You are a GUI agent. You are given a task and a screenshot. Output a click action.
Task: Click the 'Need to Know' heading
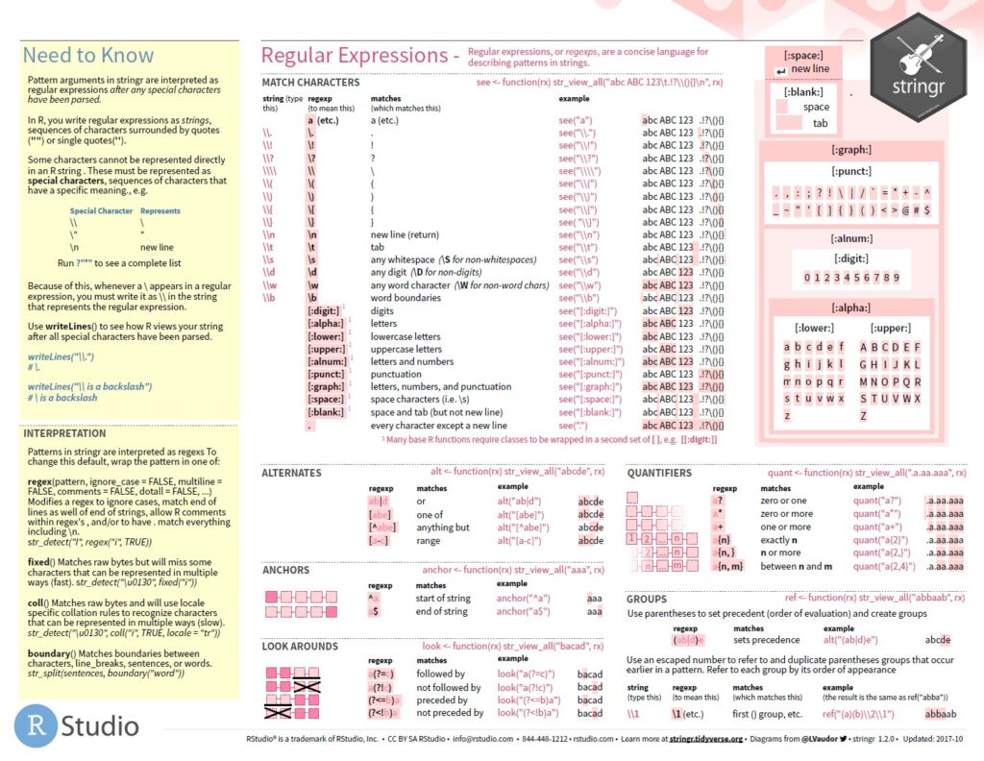click(x=87, y=56)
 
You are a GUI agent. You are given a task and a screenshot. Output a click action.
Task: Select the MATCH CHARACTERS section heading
click(x=310, y=83)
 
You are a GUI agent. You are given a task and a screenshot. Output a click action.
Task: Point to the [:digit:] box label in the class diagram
click(x=851, y=258)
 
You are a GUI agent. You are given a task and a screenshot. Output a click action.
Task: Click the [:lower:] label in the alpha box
click(x=813, y=328)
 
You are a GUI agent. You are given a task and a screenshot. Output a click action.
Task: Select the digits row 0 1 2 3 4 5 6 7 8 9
click(x=851, y=278)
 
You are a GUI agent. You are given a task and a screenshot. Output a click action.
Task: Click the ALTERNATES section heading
click(x=292, y=473)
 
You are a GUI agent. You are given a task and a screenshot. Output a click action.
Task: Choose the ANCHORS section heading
click(x=286, y=570)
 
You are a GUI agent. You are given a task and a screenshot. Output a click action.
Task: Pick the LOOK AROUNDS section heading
click(x=300, y=647)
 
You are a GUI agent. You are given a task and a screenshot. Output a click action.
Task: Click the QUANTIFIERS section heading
click(x=659, y=473)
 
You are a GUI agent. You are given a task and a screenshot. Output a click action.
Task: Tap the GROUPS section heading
click(x=647, y=599)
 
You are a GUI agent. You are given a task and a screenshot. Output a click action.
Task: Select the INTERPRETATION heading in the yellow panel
click(x=65, y=433)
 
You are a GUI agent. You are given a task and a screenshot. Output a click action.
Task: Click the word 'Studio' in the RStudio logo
click(x=100, y=725)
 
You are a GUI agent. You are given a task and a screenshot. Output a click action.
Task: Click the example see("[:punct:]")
click(x=590, y=374)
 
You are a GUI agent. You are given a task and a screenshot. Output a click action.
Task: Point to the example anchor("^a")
click(x=524, y=598)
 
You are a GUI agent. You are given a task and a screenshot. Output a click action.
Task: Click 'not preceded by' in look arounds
click(x=450, y=713)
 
